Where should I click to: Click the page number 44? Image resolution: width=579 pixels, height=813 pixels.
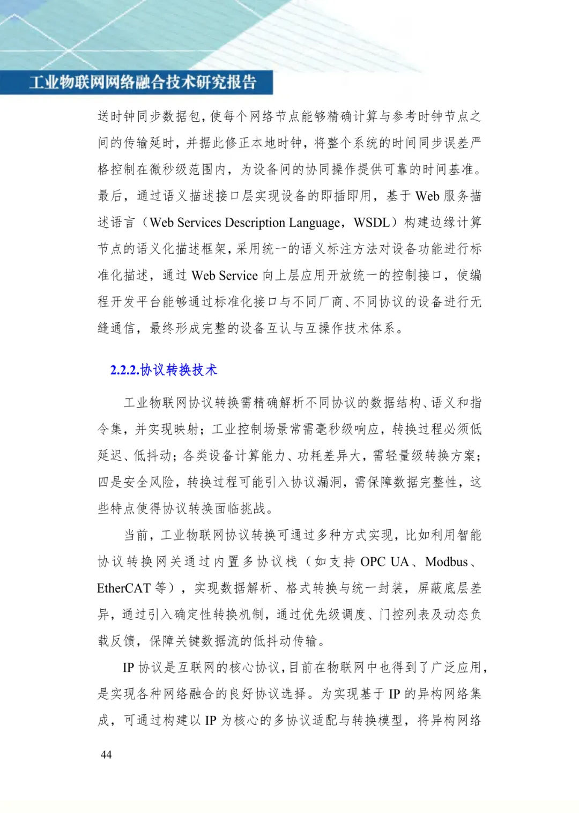(x=106, y=755)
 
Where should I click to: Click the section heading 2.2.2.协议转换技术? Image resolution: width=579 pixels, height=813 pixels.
(x=164, y=370)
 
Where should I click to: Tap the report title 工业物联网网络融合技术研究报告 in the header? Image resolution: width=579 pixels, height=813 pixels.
(x=143, y=82)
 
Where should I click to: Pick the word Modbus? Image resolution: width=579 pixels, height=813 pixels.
(x=447, y=561)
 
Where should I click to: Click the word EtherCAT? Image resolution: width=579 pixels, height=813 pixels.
(x=124, y=588)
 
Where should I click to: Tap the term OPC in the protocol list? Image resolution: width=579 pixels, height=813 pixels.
(x=373, y=561)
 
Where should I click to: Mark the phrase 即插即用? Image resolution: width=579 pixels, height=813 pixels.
(x=346, y=196)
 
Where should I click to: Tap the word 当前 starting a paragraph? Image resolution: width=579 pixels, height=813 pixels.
(x=136, y=535)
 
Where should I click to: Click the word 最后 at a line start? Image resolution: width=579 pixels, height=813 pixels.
(x=110, y=196)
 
